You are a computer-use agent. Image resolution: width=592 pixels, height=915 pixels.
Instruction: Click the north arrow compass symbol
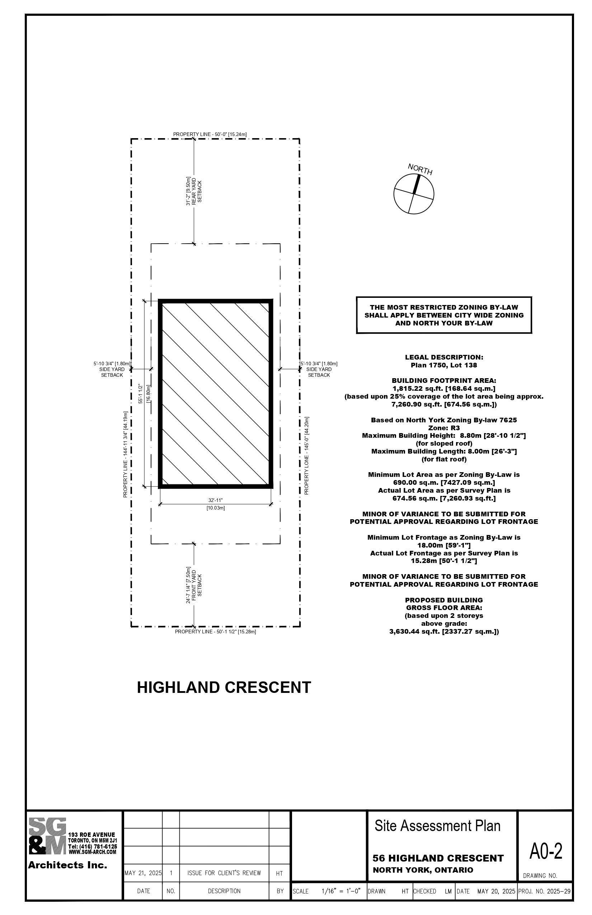(x=414, y=194)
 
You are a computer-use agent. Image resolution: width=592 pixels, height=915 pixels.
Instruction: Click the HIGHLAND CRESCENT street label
(x=224, y=688)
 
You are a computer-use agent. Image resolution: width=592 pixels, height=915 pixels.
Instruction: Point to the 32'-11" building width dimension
(x=216, y=500)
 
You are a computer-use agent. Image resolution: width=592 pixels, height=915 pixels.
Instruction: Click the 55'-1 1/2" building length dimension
(x=141, y=394)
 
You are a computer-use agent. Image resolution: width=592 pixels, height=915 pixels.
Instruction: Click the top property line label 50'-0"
(x=210, y=134)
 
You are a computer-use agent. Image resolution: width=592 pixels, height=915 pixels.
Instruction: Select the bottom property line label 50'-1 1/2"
(x=215, y=632)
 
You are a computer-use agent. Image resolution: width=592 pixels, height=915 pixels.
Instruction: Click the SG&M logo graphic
(x=48, y=836)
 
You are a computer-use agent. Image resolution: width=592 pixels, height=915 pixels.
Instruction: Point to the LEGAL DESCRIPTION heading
(x=444, y=357)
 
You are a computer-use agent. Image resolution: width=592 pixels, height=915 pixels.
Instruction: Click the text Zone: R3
(x=444, y=428)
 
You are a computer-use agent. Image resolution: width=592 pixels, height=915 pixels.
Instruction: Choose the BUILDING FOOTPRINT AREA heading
(x=444, y=381)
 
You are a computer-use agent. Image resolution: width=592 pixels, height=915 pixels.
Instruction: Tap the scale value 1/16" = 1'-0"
(x=341, y=891)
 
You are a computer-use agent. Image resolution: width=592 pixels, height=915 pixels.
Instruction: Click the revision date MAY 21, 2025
(x=143, y=873)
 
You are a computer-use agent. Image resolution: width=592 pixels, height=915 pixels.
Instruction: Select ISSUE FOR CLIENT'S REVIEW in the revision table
(x=224, y=873)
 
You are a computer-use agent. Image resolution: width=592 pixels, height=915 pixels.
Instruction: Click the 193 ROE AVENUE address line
(x=91, y=835)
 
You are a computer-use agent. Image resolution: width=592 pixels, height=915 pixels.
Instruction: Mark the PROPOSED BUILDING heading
(x=444, y=600)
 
